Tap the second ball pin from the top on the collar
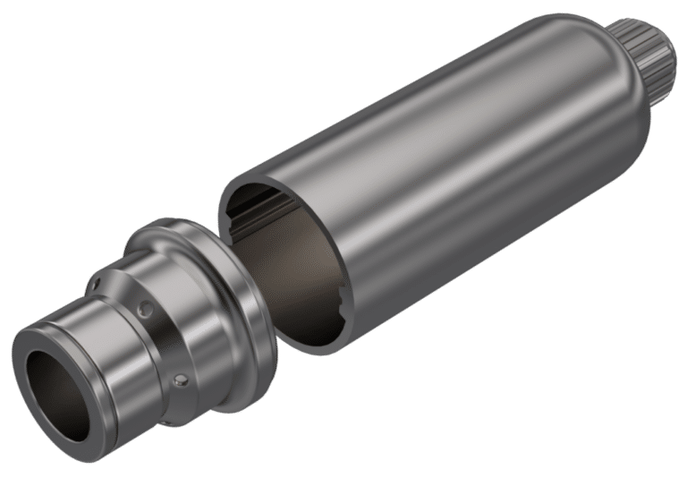coord(142,309)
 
